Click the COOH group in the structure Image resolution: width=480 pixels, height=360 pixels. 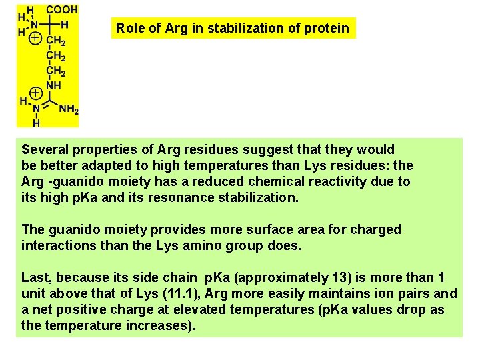pyautogui.click(x=61, y=10)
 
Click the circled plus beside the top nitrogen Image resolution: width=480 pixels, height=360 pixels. pyautogui.click(x=34, y=39)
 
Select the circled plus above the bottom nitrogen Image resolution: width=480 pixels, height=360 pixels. pyautogui.click(x=36, y=91)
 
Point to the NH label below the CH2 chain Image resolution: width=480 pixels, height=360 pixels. pyautogui.click(x=53, y=86)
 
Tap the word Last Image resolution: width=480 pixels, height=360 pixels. pyautogui.click(x=36, y=277)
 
